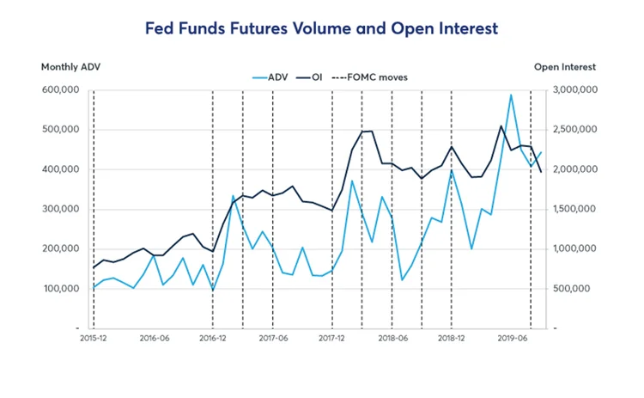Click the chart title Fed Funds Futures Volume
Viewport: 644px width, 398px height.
pos(321,28)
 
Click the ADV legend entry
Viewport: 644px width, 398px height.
pos(273,77)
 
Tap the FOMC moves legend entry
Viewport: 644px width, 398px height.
pos(374,77)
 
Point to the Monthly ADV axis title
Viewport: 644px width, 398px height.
pos(66,67)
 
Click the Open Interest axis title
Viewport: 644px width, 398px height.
pos(564,67)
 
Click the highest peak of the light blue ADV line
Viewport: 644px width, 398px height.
pos(511,95)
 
